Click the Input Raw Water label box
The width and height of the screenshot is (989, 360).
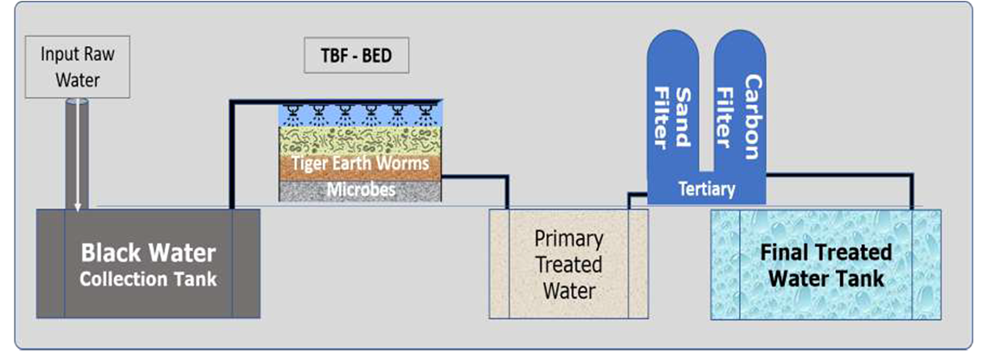[x=78, y=67]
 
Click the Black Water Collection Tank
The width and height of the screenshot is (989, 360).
[x=148, y=264]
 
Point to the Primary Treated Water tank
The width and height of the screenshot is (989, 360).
[x=568, y=264]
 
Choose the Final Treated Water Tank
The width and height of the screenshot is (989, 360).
[x=825, y=264]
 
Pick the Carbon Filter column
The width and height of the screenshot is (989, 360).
[x=740, y=104]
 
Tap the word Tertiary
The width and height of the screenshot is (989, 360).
[x=707, y=189]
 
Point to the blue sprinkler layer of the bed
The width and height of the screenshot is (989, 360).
[x=362, y=114]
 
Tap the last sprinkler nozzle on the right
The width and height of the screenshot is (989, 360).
[x=426, y=111]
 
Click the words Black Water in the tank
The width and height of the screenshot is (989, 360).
[x=148, y=254]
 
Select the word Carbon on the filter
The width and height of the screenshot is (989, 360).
[x=751, y=117]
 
